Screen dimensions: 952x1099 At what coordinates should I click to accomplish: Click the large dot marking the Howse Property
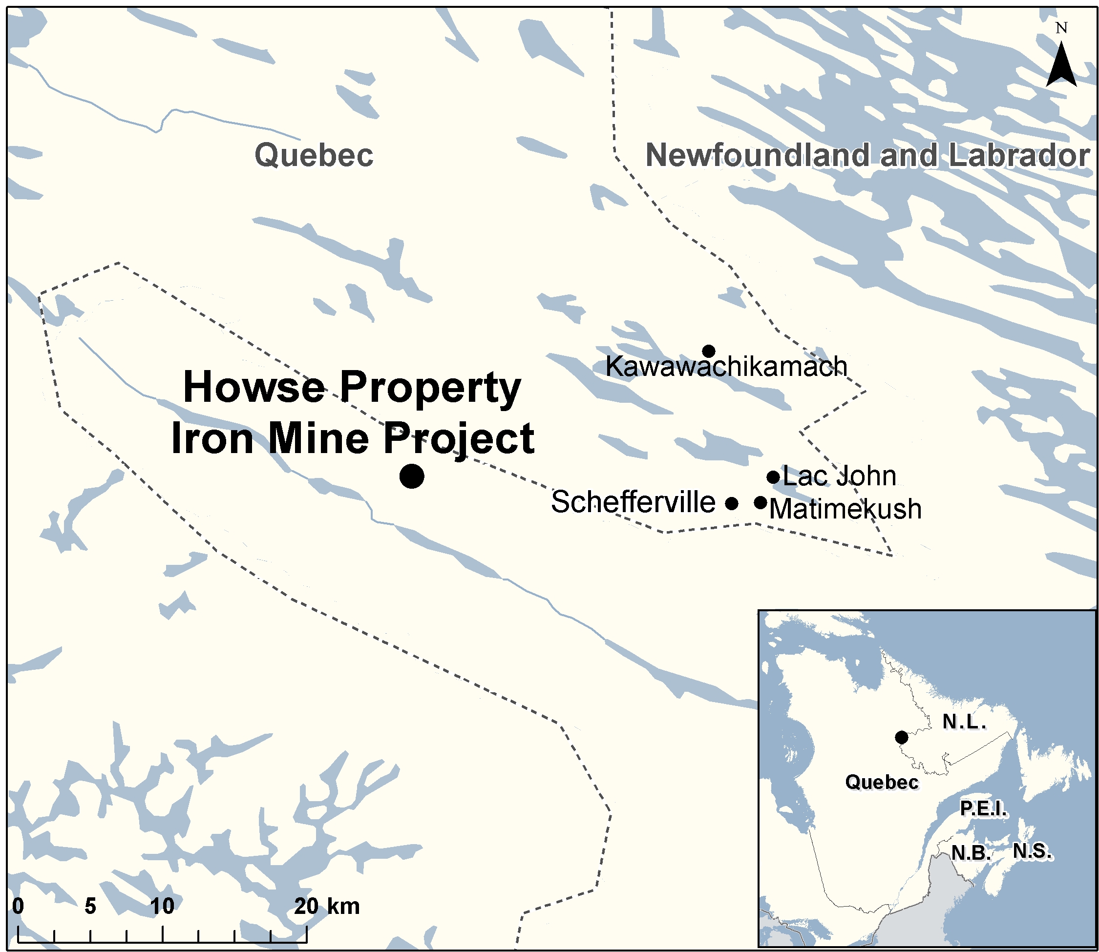point(412,476)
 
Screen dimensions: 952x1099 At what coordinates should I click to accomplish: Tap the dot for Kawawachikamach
point(708,351)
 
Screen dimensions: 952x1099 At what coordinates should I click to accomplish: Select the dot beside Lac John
point(773,477)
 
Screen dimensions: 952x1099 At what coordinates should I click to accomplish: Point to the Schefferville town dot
point(732,503)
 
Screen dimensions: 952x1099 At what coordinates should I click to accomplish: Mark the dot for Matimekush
point(761,502)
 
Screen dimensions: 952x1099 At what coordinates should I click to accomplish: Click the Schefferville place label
point(633,502)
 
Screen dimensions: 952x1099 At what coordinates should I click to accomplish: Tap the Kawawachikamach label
point(726,367)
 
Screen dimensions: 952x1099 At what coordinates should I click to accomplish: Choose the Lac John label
point(840,476)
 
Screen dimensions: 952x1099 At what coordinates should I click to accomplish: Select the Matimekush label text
point(845,509)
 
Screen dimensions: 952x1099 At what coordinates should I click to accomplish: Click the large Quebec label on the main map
point(314,155)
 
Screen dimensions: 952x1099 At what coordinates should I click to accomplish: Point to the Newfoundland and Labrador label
point(867,155)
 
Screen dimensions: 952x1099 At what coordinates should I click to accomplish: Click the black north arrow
point(1061,66)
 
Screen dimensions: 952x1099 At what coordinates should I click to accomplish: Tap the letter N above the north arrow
point(1061,28)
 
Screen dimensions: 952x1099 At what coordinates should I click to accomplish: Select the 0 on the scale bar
point(18,906)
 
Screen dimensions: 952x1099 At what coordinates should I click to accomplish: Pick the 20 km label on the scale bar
point(327,906)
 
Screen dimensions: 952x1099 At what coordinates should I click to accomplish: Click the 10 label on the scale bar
point(162,906)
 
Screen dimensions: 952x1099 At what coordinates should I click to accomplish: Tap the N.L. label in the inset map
point(965,722)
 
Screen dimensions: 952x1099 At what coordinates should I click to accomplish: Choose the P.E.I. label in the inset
point(983,808)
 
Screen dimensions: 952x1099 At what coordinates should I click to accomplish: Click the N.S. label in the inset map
point(1032,851)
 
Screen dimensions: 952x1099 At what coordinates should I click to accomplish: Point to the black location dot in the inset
point(901,737)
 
